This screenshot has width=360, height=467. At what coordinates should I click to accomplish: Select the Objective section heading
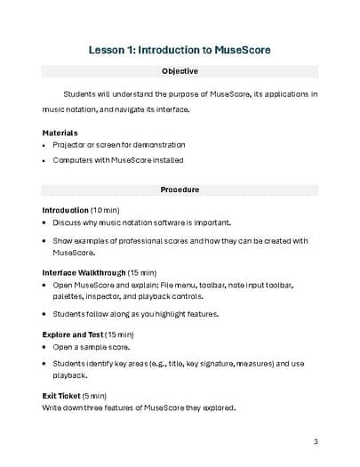point(180,71)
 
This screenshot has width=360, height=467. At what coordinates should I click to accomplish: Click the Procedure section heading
point(180,190)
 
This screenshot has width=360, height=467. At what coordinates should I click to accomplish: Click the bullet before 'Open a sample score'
point(44,346)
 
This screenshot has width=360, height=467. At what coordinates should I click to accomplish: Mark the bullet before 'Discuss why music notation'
point(44,222)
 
